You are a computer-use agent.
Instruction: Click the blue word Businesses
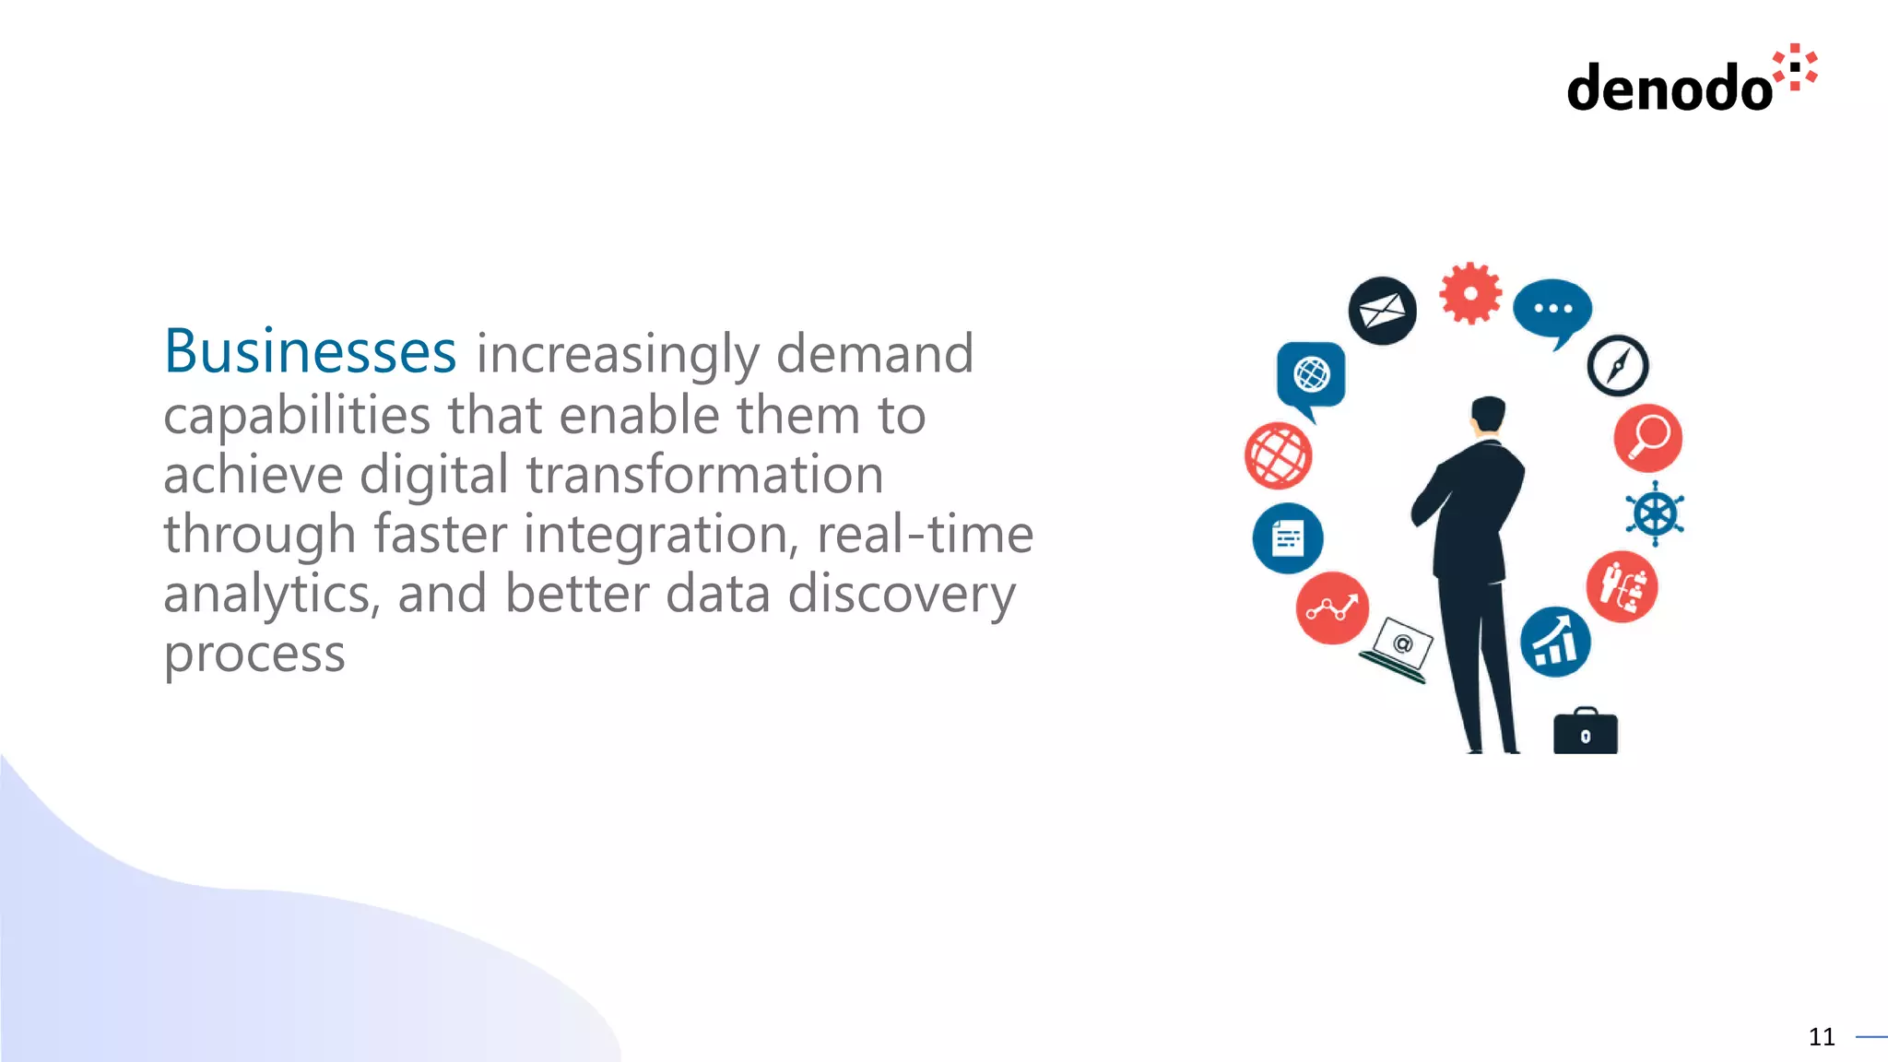[x=310, y=352]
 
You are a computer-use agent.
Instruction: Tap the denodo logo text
[x=1670, y=88]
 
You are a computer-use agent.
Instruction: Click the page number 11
[x=1821, y=1037]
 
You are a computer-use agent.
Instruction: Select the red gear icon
[x=1470, y=294]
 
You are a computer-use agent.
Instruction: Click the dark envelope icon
[x=1382, y=311]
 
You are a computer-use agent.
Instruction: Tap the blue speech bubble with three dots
[x=1552, y=310]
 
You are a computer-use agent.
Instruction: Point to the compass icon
[x=1617, y=366]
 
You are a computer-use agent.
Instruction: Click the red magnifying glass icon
[x=1647, y=438]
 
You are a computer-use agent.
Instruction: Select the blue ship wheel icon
[x=1655, y=513]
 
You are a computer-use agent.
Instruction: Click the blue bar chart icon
[x=1555, y=642]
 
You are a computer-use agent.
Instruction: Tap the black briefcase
[x=1585, y=732]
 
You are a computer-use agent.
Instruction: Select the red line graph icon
[x=1331, y=608]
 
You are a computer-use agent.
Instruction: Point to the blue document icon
[x=1287, y=538]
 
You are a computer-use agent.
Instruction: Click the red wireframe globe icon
[x=1278, y=455]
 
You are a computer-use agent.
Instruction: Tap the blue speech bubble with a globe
[x=1311, y=375]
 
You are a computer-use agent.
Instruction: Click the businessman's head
[x=1487, y=414]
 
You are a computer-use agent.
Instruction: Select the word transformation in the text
[x=704, y=475]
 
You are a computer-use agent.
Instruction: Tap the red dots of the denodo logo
[x=1796, y=67]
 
